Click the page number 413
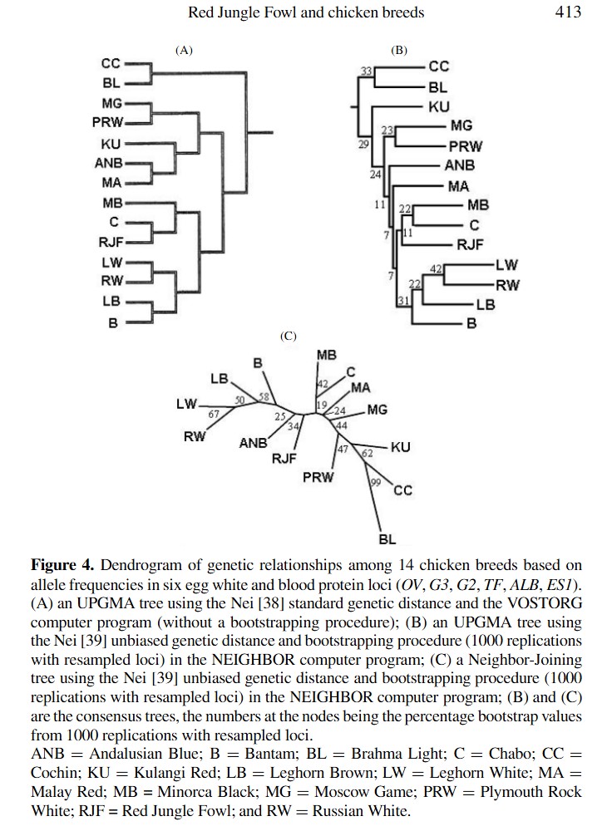pos(568,12)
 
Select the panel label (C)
pos(289,337)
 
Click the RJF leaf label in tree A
pos(111,243)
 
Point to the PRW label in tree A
pos(108,122)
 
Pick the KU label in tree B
pos(438,106)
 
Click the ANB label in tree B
pos(460,165)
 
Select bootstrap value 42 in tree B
pos(436,268)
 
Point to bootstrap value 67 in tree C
pos(214,414)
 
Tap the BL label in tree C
pos(387,540)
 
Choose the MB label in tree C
pos(327,356)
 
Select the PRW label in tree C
pos(318,477)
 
